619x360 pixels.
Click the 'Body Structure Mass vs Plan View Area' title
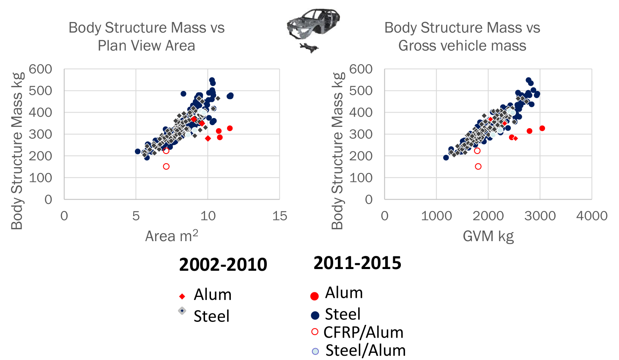146,36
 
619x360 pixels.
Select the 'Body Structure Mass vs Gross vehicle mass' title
462,36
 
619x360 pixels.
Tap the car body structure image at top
312,30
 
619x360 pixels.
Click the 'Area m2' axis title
171,236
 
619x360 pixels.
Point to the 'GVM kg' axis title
488,236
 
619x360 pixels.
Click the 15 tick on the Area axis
279,216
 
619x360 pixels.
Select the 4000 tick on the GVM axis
592,216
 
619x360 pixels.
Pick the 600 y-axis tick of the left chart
41,69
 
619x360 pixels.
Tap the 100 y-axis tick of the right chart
361,178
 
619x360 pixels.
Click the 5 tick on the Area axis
136,216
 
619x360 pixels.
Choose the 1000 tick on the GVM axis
436,216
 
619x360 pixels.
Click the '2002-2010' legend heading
223,264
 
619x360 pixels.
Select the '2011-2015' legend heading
357,263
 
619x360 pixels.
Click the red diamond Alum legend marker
182,297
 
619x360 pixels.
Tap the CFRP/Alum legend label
363,333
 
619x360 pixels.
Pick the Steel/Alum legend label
365,351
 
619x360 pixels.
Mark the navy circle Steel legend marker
315,315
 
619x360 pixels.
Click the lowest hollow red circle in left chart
166,166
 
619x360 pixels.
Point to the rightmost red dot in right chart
542,128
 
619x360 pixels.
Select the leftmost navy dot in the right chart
446,157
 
